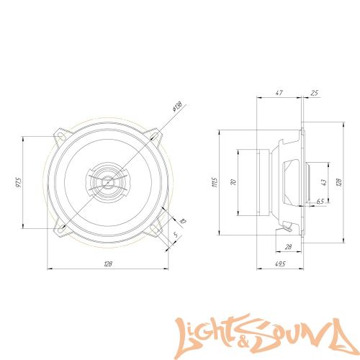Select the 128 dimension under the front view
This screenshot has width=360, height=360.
(108, 265)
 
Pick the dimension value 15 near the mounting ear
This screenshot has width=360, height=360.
(183, 222)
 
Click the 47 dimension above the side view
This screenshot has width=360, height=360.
(279, 93)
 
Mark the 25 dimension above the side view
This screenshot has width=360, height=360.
(314, 93)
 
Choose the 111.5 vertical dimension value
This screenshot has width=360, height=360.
(214, 183)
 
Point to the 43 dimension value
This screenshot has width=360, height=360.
(323, 183)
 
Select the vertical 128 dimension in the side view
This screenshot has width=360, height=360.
(338, 183)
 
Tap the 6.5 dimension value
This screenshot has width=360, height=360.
(319, 202)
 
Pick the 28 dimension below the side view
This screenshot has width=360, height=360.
(288, 247)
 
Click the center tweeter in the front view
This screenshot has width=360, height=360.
(106, 180)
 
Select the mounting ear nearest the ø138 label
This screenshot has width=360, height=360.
(156, 133)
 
